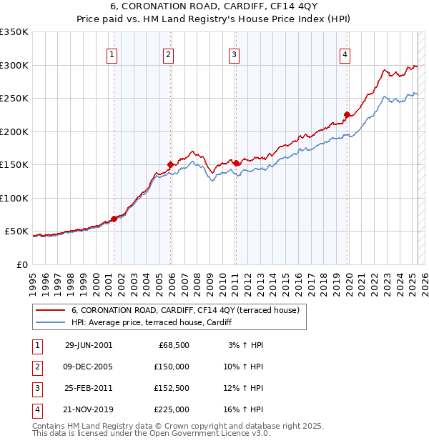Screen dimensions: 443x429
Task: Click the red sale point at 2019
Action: (347, 114)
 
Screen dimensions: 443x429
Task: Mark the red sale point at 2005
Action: (170, 164)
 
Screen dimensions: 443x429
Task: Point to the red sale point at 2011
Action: (236, 163)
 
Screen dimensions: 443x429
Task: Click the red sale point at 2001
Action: (114, 219)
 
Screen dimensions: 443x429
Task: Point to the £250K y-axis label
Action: (14, 99)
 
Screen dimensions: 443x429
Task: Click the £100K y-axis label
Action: (14, 198)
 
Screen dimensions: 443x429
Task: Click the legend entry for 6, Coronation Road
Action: (189, 310)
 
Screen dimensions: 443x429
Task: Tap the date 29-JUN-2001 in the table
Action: (89, 345)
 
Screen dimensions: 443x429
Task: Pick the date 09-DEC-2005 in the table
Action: (89, 367)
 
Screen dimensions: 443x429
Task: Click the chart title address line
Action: (214, 8)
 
